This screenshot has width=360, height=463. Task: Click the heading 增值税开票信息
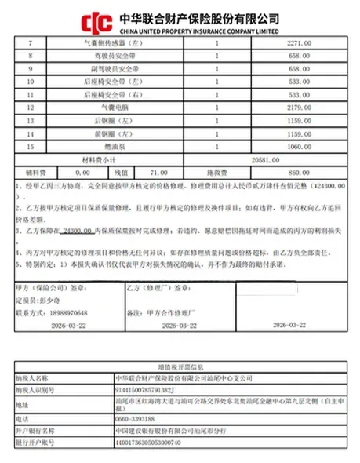pyautogui.click(x=180, y=366)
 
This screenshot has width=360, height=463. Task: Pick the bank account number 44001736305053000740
pyautogui.click(x=145, y=442)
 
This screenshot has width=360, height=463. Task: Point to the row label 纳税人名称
pyautogui.click(x=33, y=377)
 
